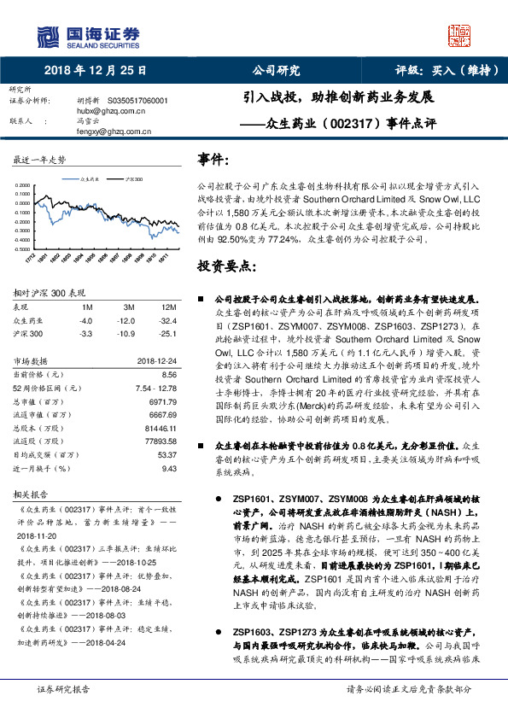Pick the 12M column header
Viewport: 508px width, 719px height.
click(x=167, y=307)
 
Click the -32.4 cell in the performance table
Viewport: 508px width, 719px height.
click(x=167, y=319)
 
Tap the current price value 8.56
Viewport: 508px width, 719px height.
click(x=168, y=374)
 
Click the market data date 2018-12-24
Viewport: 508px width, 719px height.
click(x=155, y=360)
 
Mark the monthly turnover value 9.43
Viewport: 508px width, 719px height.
click(x=168, y=468)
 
